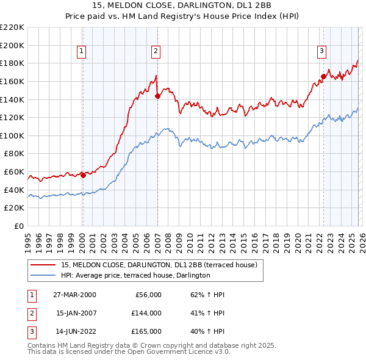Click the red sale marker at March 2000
(x=83, y=175)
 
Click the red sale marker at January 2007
(x=157, y=95)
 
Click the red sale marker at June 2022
(x=323, y=76)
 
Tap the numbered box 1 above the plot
(x=82, y=51)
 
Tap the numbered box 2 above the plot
(x=156, y=51)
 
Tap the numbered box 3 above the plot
(x=321, y=51)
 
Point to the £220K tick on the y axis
(x=12, y=27)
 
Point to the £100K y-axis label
(x=12, y=135)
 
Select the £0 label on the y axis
(x=18, y=226)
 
